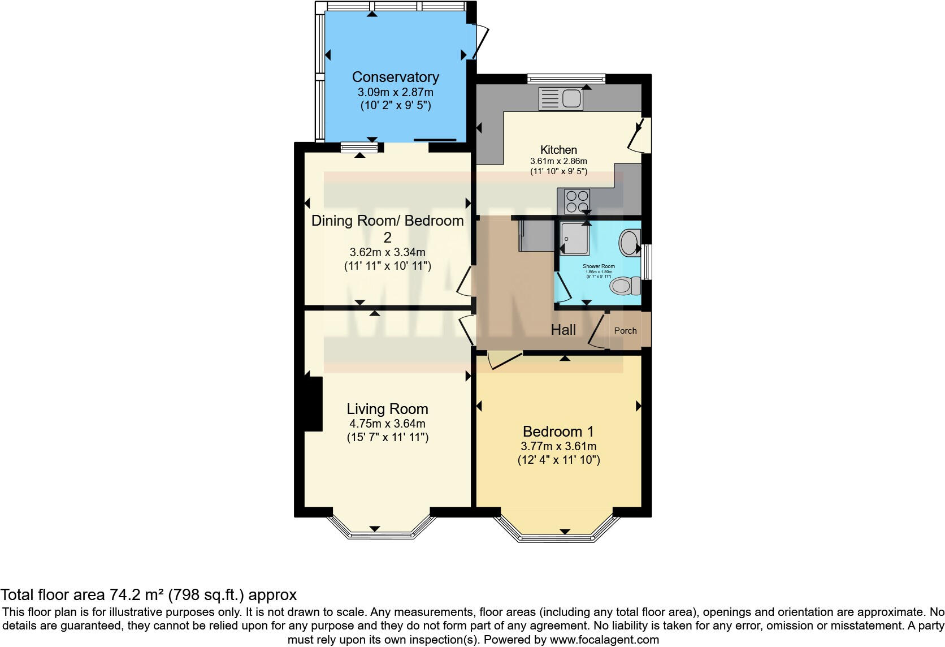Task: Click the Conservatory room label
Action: tap(395, 77)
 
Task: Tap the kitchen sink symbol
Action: tap(561, 98)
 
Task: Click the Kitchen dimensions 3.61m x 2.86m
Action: tap(558, 161)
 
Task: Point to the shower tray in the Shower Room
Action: tap(575, 238)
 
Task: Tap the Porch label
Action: tap(625, 331)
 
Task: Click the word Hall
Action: tap(563, 330)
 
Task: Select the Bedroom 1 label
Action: tap(558, 432)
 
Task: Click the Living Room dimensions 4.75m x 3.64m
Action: tap(387, 424)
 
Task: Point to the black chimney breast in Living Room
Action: tap(313, 404)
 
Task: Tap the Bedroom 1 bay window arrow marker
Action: tap(565, 532)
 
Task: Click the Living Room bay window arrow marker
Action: tap(374, 529)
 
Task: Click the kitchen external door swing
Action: tap(639, 136)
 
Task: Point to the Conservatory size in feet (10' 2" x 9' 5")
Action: tap(395, 105)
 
